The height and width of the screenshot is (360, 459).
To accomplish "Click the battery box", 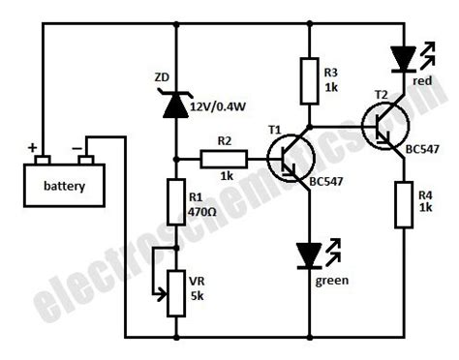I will (64, 185).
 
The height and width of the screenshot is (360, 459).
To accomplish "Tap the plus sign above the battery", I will (33, 148).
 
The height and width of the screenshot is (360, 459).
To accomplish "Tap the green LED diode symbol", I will (310, 255).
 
